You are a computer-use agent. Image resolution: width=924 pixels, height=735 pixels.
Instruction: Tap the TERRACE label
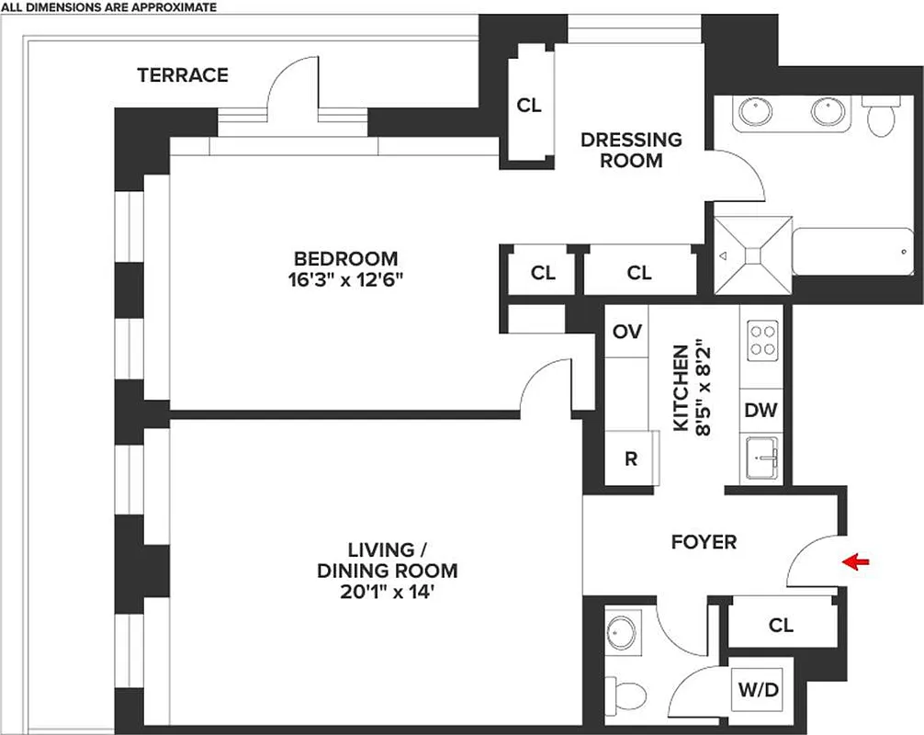click(x=183, y=75)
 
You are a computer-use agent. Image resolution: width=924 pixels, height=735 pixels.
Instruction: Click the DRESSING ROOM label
click(x=632, y=150)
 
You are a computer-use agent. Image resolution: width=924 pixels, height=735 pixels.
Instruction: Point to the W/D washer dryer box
click(x=757, y=690)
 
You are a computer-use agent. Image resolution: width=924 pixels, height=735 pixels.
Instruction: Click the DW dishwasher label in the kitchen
click(x=761, y=410)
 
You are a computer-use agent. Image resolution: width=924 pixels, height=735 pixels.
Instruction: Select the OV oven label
click(x=626, y=332)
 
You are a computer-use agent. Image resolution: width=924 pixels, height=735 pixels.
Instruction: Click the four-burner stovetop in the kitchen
click(x=761, y=340)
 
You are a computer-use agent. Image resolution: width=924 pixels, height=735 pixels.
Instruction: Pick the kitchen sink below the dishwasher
click(x=761, y=454)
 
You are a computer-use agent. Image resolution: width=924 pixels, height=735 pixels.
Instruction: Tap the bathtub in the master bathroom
click(x=853, y=257)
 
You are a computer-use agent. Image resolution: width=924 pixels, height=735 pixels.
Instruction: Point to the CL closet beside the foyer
click(x=781, y=626)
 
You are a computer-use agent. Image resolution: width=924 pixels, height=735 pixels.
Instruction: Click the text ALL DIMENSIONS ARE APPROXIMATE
click(x=109, y=7)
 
